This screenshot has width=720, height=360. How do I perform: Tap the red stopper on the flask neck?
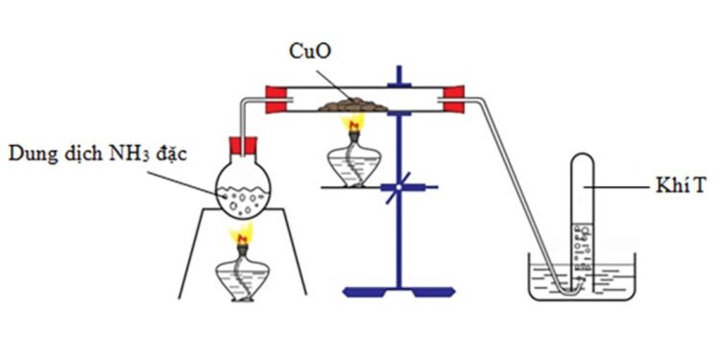click(243, 149)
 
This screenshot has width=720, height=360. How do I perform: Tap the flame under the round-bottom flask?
click(242, 233)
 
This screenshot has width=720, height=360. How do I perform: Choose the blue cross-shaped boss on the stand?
click(395, 188)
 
